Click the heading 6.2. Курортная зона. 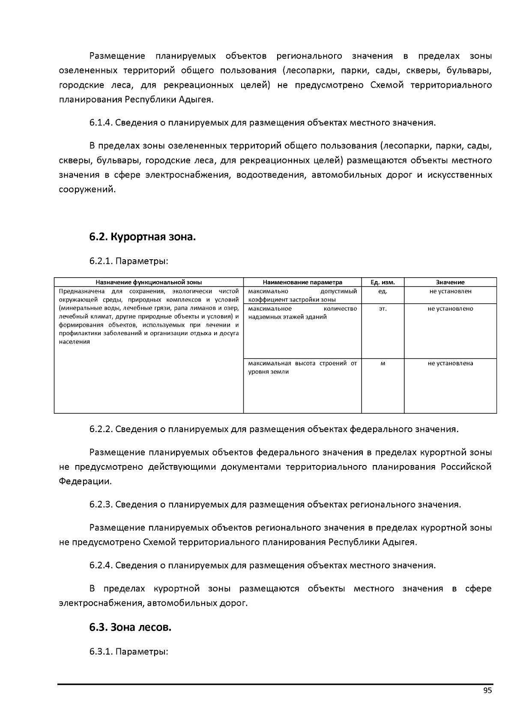[142, 237]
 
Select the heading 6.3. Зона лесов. [130, 628]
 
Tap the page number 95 [487, 690]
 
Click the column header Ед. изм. [383, 282]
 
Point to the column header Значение [450, 282]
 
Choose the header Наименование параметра [302, 282]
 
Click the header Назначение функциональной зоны [149, 282]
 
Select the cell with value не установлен [450, 291]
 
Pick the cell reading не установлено [450, 308]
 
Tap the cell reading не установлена [450, 363]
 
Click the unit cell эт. [383, 308]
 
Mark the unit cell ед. [383, 291]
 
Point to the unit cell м [383, 363]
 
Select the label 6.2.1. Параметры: [128, 261]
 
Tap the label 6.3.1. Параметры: [128, 652]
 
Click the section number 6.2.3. [101, 504]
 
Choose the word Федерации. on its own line [85, 481]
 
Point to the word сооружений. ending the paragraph [87, 189]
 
